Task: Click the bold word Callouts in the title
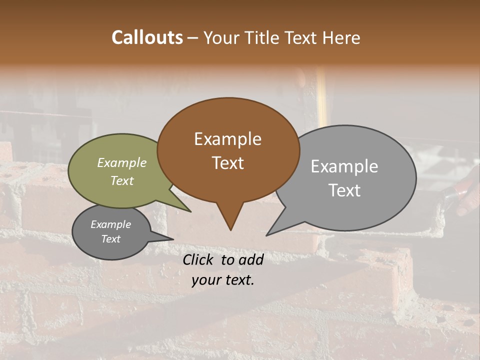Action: click(x=147, y=37)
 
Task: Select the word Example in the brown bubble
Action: click(x=227, y=139)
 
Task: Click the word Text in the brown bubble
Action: click(x=227, y=162)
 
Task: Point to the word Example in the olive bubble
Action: click(x=122, y=162)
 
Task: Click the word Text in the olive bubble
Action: click(x=122, y=180)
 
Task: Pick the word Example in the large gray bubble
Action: click(x=344, y=166)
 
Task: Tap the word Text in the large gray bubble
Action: click(x=344, y=190)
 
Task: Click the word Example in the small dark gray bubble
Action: click(x=110, y=224)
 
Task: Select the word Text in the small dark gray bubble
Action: click(x=110, y=239)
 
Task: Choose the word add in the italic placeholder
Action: click(x=251, y=259)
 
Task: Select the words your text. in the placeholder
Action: click(x=223, y=280)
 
